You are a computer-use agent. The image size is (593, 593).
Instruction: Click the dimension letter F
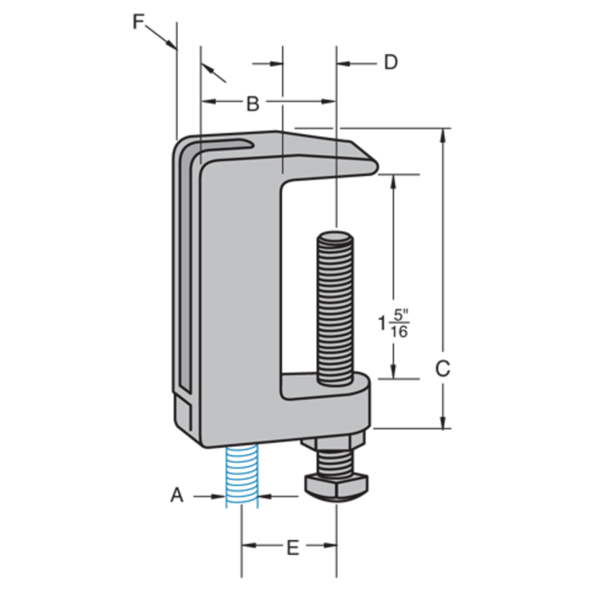pyautogui.click(x=139, y=22)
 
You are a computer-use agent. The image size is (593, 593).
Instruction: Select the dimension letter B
pyautogui.click(x=252, y=103)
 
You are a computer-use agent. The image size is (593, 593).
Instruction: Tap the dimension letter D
pyautogui.click(x=390, y=62)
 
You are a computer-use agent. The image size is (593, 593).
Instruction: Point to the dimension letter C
pyautogui.click(x=443, y=368)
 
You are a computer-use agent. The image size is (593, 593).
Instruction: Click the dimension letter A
pyautogui.click(x=177, y=495)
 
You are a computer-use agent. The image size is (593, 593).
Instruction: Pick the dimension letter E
pyautogui.click(x=292, y=548)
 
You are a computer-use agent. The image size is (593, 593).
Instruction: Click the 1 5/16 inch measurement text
pyautogui.click(x=394, y=322)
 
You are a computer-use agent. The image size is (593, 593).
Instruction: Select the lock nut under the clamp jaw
pyautogui.click(x=335, y=439)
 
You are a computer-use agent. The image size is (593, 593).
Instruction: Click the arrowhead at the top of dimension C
pyautogui.click(x=444, y=136)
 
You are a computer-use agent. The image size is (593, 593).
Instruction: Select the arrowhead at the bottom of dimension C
pyautogui.click(x=444, y=422)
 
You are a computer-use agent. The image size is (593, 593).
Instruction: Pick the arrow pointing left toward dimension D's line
pyautogui.click(x=343, y=63)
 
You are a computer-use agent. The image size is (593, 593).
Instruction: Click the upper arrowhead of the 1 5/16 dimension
pyautogui.click(x=393, y=181)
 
